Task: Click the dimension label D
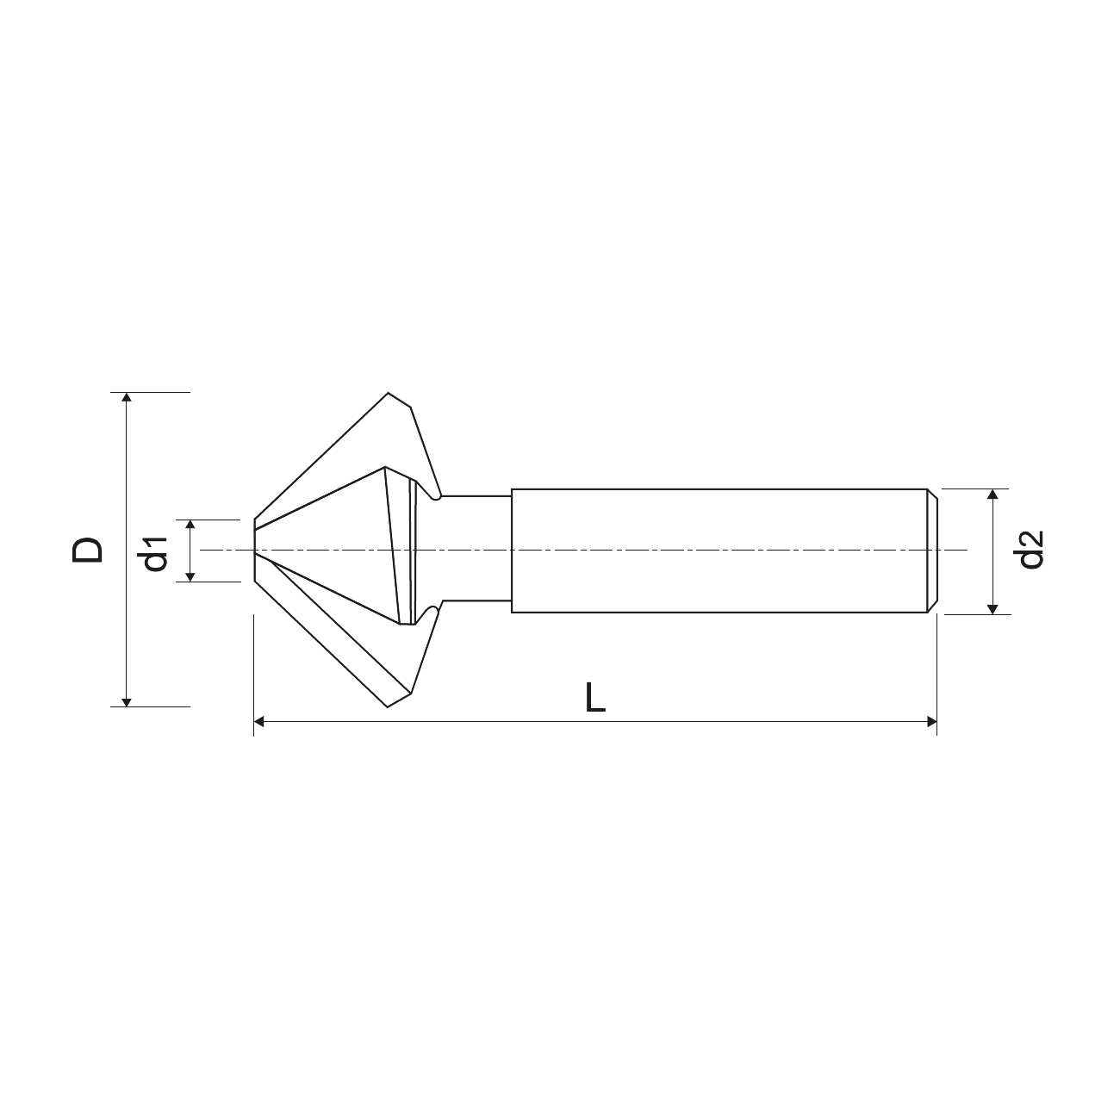(88, 550)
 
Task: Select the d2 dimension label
(1028, 550)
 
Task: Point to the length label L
(594, 698)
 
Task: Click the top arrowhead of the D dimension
(127, 397)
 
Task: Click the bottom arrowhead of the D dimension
(127, 702)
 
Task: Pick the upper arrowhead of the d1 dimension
(190, 525)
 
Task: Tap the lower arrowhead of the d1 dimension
(190, 576)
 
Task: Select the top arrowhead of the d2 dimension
(992, 494)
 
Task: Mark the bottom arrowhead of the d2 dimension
(992, 609)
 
